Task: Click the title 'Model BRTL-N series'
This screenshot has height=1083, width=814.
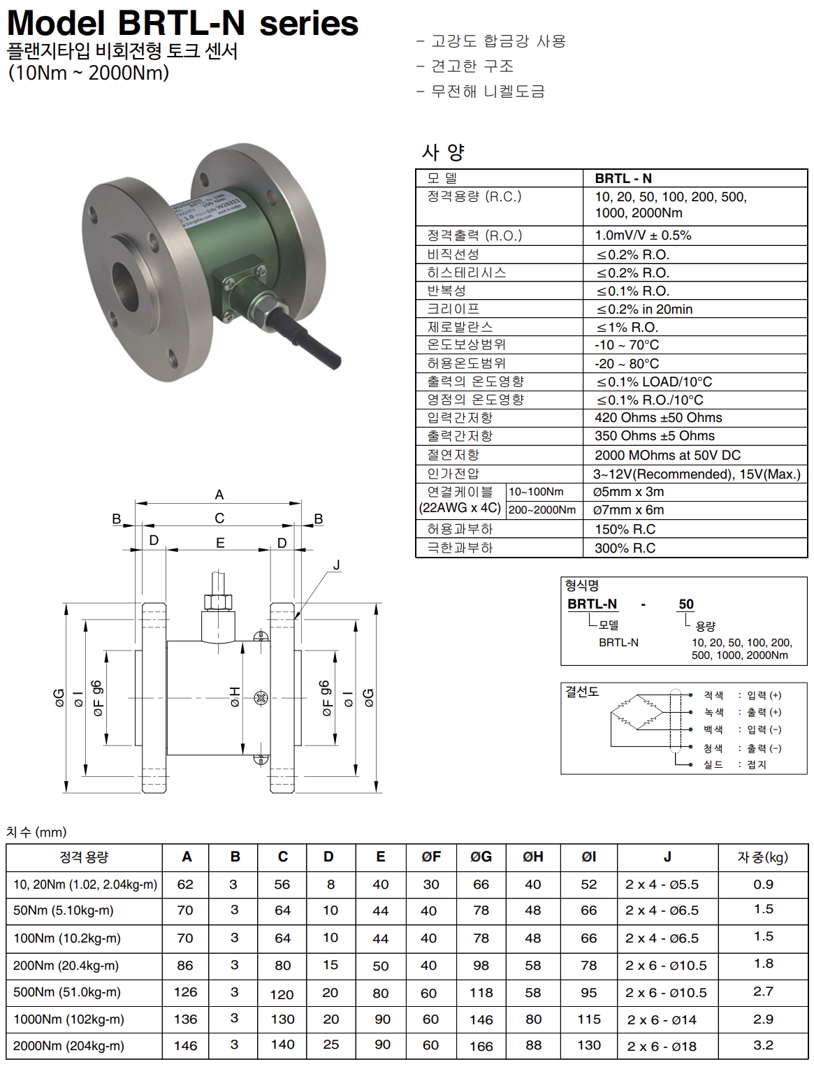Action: [x=182, y=23]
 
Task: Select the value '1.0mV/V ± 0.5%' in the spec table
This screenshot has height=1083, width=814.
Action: [x=643, y=235]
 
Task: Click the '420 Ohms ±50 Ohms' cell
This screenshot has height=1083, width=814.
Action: [x=658, y=418]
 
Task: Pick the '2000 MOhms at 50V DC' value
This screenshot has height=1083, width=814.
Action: [x=667, y=456]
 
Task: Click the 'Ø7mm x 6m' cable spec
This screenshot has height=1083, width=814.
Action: [x=629, y=510]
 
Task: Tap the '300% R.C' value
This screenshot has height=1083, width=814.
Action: [x=625, y=548]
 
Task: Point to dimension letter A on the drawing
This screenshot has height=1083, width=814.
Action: [x=219, y=495]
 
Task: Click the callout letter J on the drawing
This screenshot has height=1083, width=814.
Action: [x=337, y=565]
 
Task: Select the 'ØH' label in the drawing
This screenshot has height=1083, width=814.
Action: [x=235, y=697]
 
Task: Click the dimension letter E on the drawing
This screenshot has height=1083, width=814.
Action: [x=220, y=543]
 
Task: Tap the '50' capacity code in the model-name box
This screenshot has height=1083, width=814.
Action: [x=686, y=604]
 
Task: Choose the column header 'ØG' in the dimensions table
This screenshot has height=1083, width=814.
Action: [x=481, y=857]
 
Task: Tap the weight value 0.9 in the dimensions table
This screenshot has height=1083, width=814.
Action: [x=763, y=885]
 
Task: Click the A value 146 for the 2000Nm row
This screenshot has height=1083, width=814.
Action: [x=185, y=1046]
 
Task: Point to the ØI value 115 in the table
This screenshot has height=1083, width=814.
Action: [x=589, y=1019]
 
